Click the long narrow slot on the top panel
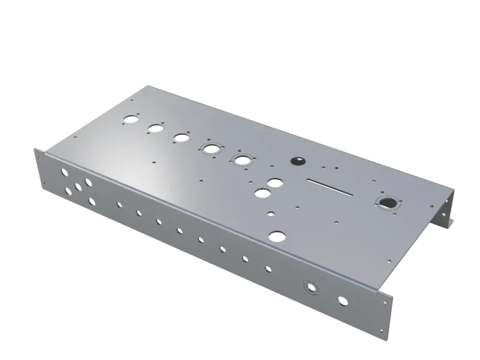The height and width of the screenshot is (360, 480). coord(329,186)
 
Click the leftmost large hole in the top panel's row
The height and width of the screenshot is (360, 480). coord(130,118)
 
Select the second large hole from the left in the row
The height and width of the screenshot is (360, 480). coord(156,128)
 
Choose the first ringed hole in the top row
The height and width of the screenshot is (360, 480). coord(211,148)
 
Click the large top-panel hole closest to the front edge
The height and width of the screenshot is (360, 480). coord(276,236)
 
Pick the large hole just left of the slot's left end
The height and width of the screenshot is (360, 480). coord(275,182)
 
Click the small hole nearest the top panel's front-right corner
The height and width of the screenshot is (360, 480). coord(389,261)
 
